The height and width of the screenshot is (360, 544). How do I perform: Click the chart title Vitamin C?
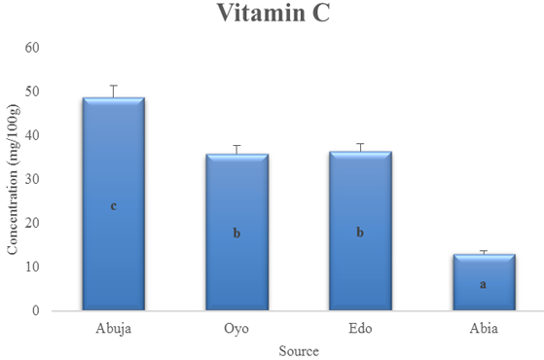pos(273,13)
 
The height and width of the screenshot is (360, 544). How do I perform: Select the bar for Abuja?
pos(114,203)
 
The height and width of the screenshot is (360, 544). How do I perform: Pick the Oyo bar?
pos(236,232)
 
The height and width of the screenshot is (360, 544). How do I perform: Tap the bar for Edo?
pos(360,231)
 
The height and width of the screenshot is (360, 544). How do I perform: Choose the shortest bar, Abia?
pos(484,282)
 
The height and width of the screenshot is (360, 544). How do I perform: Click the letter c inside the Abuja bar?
pos(114,206)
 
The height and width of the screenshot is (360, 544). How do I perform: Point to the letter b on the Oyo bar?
pos(236,234)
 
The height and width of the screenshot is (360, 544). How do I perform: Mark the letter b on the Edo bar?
pos(360,232)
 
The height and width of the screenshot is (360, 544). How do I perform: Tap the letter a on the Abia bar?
pos(483,284)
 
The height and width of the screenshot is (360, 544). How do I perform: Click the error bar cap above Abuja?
pos(114,86)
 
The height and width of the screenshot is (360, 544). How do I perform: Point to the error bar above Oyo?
pos(236,150)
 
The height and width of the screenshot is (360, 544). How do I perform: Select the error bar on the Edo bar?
pos(361,147)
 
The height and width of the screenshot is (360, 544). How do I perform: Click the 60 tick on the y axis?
pos(32,48)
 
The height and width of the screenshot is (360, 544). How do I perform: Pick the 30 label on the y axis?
pos(32,179)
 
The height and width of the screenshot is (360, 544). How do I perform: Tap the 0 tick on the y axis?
pos(36,310)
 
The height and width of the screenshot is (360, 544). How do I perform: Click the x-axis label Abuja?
pos(114,329)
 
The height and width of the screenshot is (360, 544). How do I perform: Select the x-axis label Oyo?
pos(236,329)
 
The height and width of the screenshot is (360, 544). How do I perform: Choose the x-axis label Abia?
pos(484,328)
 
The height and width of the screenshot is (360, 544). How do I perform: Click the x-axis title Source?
pos(299,351)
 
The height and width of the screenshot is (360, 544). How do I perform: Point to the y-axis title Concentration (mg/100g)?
pos(14,179)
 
